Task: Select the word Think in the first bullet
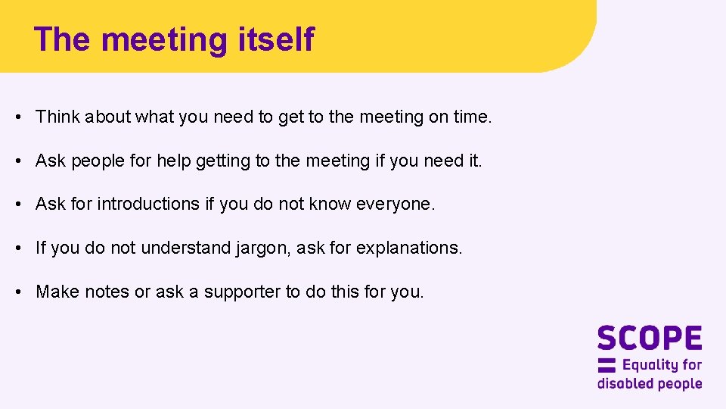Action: [57, 117]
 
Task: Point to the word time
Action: [472, 117]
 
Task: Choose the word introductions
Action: [147, 204]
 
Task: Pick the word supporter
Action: [242, 292]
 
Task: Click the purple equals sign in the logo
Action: [607, 365]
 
